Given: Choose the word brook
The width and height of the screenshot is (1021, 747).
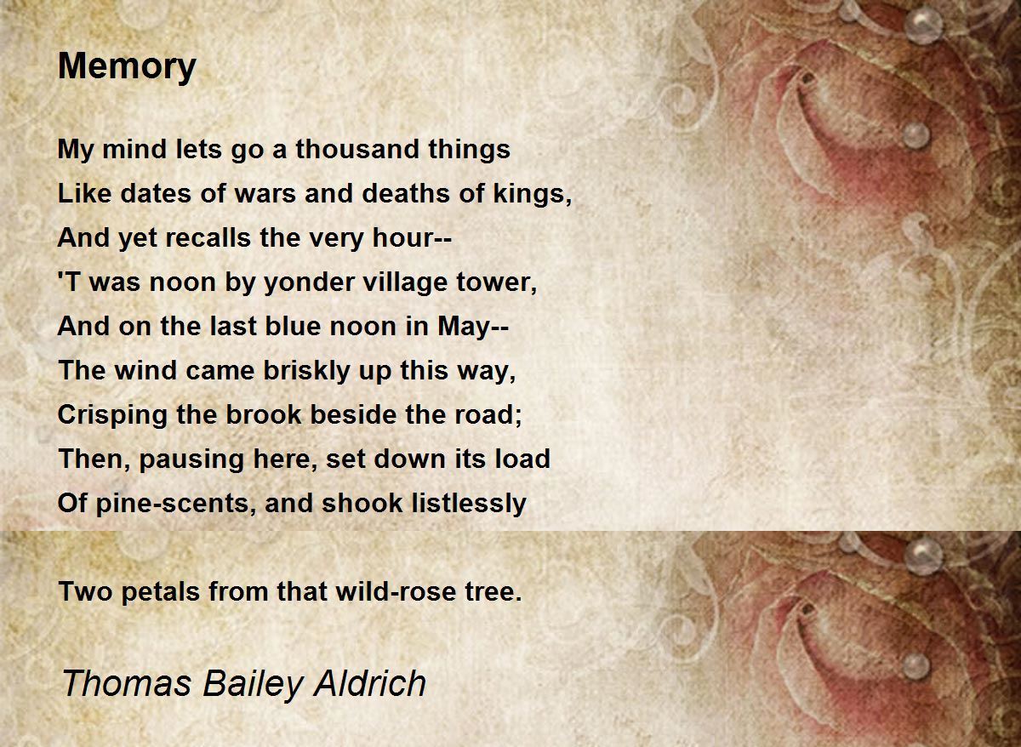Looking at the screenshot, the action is point(264,414).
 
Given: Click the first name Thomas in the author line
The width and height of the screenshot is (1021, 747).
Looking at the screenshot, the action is point(126,683).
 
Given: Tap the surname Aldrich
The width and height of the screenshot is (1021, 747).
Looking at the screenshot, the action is point(369,683).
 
